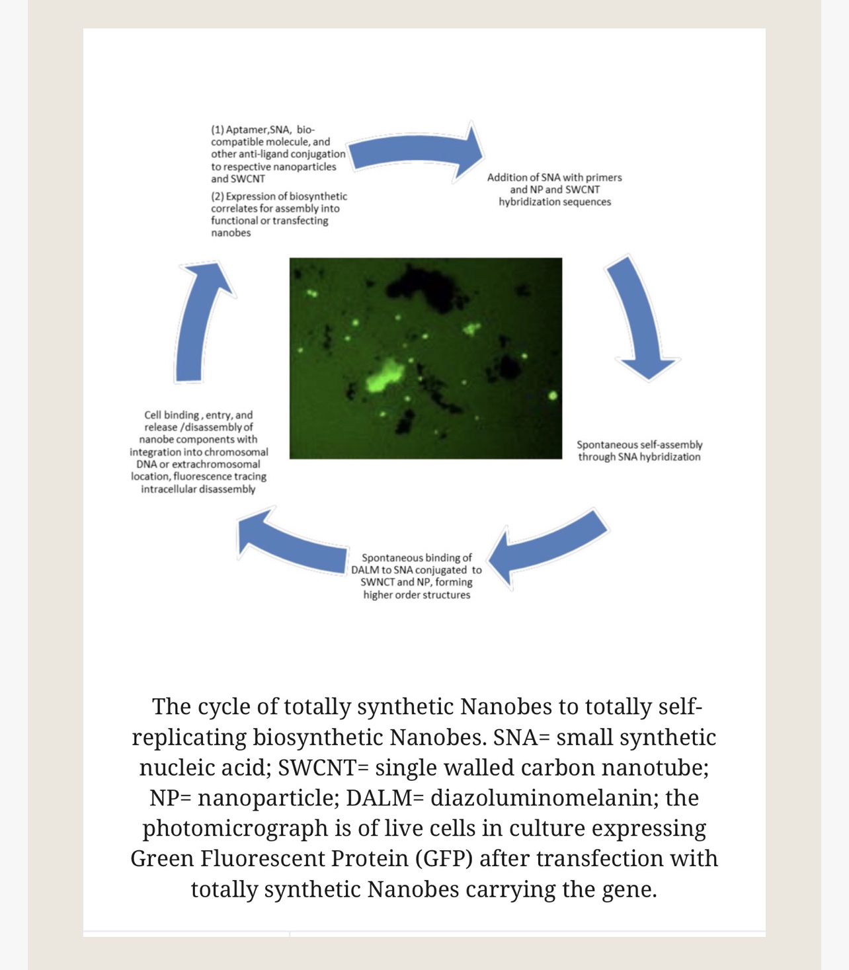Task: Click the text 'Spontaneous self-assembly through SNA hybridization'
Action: click(639, 451)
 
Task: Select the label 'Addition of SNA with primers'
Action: click(554, 177)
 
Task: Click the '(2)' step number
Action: click(218, 196)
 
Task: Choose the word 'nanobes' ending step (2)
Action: click(231, 233)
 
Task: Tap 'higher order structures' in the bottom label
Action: click(417, 594)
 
